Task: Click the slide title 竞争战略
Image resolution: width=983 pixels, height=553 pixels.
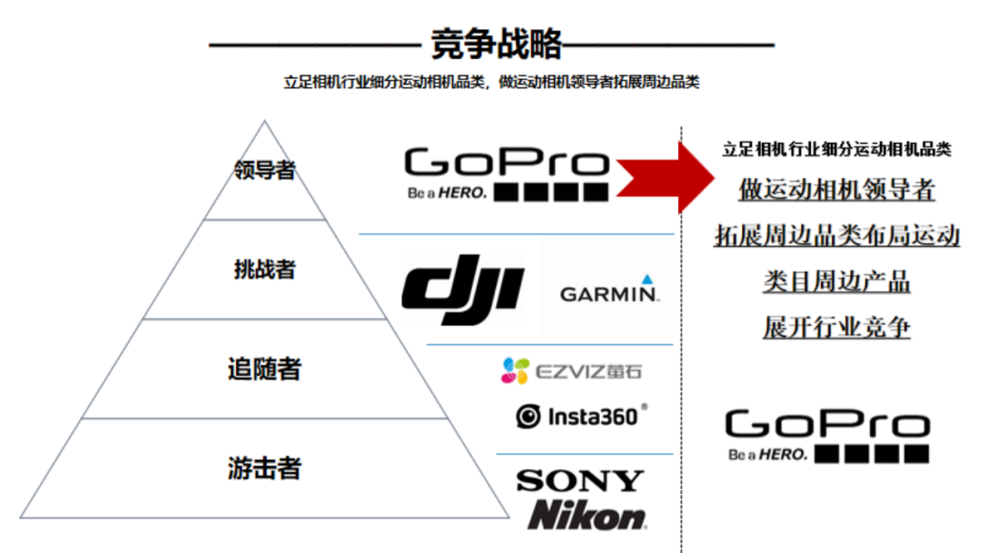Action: (497, 43)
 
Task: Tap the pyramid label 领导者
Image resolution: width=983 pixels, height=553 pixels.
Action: (265, 169)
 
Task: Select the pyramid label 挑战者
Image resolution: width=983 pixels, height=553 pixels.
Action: (265, 269)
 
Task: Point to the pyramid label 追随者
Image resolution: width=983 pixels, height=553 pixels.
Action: (265, 369)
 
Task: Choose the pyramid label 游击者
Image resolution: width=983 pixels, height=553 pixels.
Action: (265, 468)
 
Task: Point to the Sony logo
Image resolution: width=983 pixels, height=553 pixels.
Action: (580, 480)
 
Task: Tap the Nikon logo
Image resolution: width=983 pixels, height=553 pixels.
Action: (587, 516)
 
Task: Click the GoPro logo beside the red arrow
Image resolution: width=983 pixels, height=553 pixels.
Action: (506, 174)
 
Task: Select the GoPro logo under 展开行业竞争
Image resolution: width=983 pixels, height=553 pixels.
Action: (826, 436)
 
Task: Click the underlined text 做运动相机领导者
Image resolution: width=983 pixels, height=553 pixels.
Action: (836, 190)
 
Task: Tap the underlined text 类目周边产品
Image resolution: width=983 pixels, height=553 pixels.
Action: (836, 281)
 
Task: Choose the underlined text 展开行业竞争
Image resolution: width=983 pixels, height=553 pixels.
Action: (836, 327)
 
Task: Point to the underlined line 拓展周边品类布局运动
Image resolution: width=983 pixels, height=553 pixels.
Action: (836, 236)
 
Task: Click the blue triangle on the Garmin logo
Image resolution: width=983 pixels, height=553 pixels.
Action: (647, 278)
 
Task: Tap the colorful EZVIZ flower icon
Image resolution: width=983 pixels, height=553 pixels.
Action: (514, 370)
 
